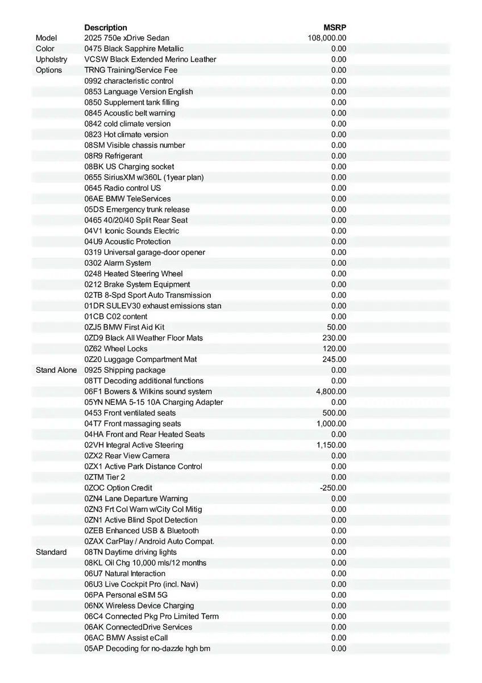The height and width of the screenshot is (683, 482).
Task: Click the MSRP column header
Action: (x=335, y=27)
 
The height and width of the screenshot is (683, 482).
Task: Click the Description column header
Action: (x=106, y=27)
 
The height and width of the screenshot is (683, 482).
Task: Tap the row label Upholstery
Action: (x=51, y=59)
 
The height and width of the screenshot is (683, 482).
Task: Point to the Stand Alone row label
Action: (x=56, y=370)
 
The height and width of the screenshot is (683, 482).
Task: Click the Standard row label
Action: (x=51, y=552)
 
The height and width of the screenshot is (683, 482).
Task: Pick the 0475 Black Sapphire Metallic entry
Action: (x=134, y=49)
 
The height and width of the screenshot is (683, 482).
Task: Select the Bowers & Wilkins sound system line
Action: (x=148, y=392)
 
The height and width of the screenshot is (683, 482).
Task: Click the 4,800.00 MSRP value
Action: (x=331, y=392)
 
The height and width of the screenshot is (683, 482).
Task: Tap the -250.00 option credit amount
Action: (x=333, y=488)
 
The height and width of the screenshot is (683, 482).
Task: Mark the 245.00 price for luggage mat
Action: (x=334, y=359)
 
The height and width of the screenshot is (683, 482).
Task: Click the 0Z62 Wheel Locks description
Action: (x=116, y=348)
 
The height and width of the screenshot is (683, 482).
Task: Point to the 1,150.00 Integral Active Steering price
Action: (x=331, y=445)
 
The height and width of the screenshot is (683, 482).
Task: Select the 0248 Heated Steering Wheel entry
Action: (x=134, y=274)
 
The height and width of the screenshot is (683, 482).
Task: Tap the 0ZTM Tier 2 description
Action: (x=105, y=477)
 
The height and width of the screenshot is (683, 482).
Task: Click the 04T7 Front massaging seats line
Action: (x=132, y=423)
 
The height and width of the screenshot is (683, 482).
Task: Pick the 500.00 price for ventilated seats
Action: (x=334, y=413)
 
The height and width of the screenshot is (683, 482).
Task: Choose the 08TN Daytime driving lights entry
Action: (x=130, y=552)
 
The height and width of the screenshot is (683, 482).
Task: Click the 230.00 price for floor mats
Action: (x=334, y=338)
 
